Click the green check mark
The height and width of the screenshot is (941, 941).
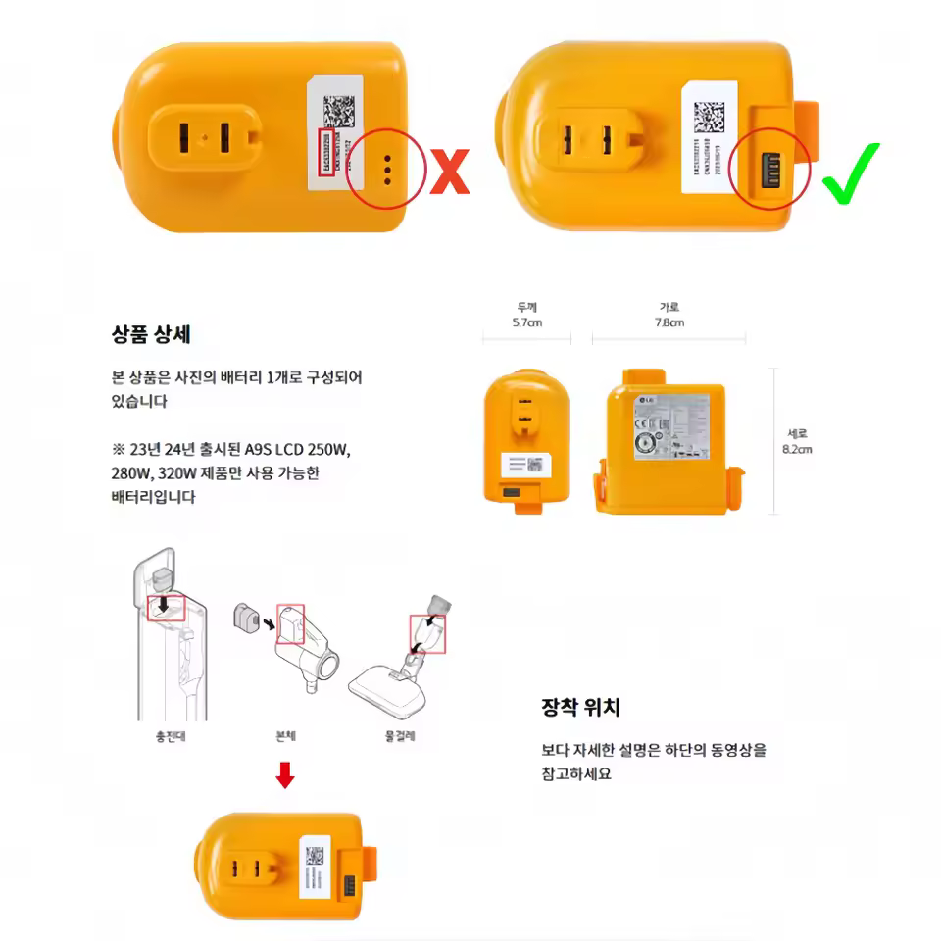pos(850,173)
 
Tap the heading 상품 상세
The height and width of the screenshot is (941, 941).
pos(151,333)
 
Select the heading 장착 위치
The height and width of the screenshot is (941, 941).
pos(580,707)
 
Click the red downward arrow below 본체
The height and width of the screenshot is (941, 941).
pos(284,775)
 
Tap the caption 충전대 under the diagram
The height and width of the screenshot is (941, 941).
pos(171,736)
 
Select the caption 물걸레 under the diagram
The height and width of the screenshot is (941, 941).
pos(400,736)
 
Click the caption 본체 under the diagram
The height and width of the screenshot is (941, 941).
pos(286,736)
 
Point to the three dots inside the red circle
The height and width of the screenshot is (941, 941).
pos(388,170)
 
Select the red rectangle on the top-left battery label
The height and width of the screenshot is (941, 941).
pos(326,152)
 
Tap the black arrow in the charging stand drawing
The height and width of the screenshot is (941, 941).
pos(163,597)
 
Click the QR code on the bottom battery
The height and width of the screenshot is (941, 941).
pos(315,856)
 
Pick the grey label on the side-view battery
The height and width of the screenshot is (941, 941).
pos(671,426)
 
